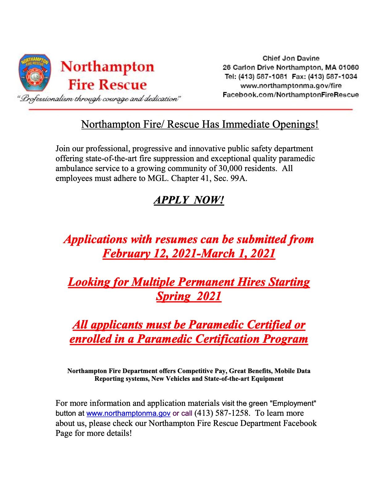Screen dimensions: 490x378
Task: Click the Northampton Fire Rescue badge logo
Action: [x=35, y=73]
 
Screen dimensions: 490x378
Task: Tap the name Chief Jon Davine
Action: [x=291, y=58]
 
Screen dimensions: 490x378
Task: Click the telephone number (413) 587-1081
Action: [x=263, y=76]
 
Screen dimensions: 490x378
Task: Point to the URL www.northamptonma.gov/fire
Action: [x=291, y=86]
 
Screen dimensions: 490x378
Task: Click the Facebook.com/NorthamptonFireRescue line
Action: [x=291, y=95]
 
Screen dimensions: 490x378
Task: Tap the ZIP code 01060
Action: [x=349, y=67]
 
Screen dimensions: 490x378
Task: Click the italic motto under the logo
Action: [x=99, y=99]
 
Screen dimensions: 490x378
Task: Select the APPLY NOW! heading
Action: [x=189, y=200]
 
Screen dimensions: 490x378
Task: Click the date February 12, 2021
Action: [x=149, y=253]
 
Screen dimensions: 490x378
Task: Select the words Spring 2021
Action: [x=189, y=296]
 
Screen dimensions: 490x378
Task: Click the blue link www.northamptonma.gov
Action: [x=128, y=414]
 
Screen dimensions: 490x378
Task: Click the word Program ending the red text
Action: [x=285, y=339]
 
